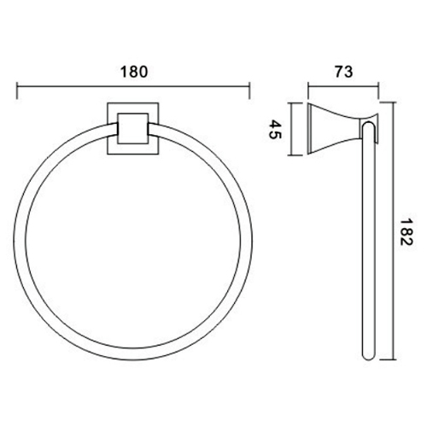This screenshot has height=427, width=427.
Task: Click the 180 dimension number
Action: (x=134, y=72)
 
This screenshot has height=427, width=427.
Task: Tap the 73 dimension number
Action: (x=343, y=72)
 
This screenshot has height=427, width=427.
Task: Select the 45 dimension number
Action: (x=275, y=129)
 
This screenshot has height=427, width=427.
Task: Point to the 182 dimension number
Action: (x=406, y=231)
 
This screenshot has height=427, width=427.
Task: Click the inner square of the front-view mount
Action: (x=133, y=128)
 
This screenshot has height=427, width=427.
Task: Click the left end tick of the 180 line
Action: (x=17, y=91)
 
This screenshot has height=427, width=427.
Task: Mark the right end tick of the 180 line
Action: (x=249, y=91)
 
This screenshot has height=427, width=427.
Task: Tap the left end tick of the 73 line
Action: (x=308, y=91)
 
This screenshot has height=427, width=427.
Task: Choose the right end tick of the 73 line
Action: (x=378, y=91)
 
